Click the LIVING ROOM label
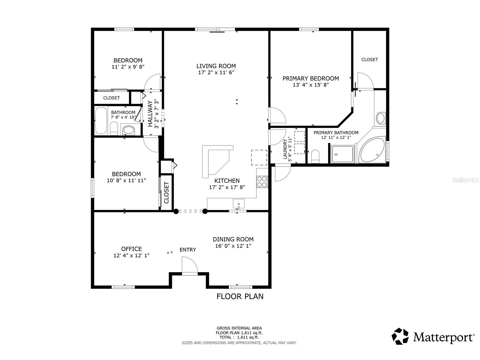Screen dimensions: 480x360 click(x=216, y=66)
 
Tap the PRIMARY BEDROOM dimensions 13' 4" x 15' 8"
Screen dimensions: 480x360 click(x=310, y=85)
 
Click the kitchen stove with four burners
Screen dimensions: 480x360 click(x=262, y=182)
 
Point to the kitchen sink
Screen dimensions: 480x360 click(x=239, y=204)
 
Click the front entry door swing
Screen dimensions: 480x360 click(x=190, y=265)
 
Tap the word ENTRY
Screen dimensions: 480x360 click(x=188, y=250)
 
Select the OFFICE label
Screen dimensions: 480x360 click(x=131, y=249)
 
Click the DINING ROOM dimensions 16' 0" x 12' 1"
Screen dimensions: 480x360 click(x=233, y=246)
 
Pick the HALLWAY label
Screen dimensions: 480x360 click(x=150, y=113)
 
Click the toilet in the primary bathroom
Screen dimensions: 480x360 click(x=315, y=156)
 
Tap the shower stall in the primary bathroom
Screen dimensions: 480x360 click(x=342, y=154)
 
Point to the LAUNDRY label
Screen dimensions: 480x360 click(x=285, y=149)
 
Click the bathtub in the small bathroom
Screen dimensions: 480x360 click(x=101, y=120)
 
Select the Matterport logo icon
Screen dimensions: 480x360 click(x=400, y=336)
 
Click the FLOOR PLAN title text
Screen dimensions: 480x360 click(x=240, y=296)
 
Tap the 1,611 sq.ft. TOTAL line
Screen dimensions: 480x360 click(x=239, y=337)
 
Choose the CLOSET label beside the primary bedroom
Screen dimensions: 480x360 click(x=369, y=59)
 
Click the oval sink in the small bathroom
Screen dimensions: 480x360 click(x=129, y=130)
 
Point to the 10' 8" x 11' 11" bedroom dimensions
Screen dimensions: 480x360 click(x=126, y=180)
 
